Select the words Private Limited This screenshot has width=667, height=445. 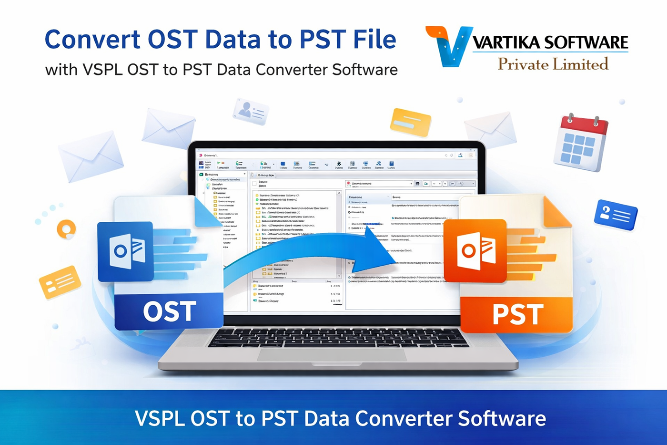(x=553, y=64)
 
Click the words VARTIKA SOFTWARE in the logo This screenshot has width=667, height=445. (x=550, y=42)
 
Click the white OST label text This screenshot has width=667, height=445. (x=169, y=311)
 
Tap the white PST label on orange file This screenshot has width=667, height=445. (x=517, y=314)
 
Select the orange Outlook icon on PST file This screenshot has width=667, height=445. (x=475, y=250)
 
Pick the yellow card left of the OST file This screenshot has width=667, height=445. (x=60, y=282)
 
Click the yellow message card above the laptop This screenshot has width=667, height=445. (x=410, y=122)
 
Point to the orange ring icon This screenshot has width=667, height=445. (x=66, y=229)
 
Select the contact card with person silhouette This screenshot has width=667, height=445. (x=251, y=111)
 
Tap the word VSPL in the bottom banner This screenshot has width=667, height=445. (x=159, y=418)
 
